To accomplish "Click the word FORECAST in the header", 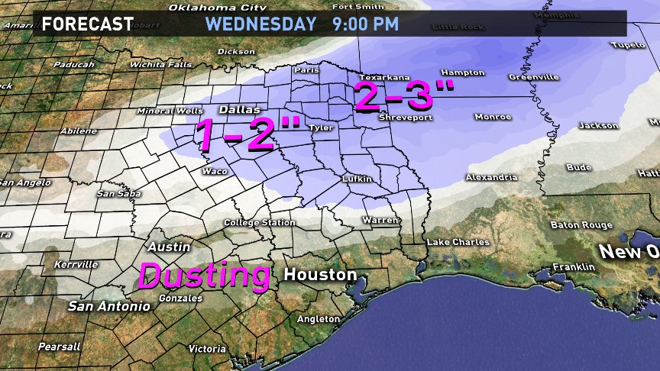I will click(x=87, y=24).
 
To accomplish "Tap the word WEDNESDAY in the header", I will click(x=261, y=24).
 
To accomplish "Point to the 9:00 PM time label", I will click(x=365, y=24).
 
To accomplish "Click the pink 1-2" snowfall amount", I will click(x=247, y=134).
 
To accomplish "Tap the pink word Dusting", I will click(x=204, y=276).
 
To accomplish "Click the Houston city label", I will click(x=320, y=274).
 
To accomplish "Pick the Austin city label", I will click(x=163, y=247).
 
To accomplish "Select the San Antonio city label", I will click(x=109, y=306).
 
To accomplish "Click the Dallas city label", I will click(x=235, y=109).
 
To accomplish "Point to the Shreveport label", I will click(x=406, y=118).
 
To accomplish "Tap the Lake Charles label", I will click(x=458, y=242).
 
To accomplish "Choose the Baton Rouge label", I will click(x=581, y=225).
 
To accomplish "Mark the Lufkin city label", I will click(x=357, y=179).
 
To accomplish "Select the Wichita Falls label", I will click(x=160, y=65).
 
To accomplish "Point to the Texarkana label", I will click(x=384, y=77).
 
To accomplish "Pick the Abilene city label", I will click(x=79, y=131).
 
